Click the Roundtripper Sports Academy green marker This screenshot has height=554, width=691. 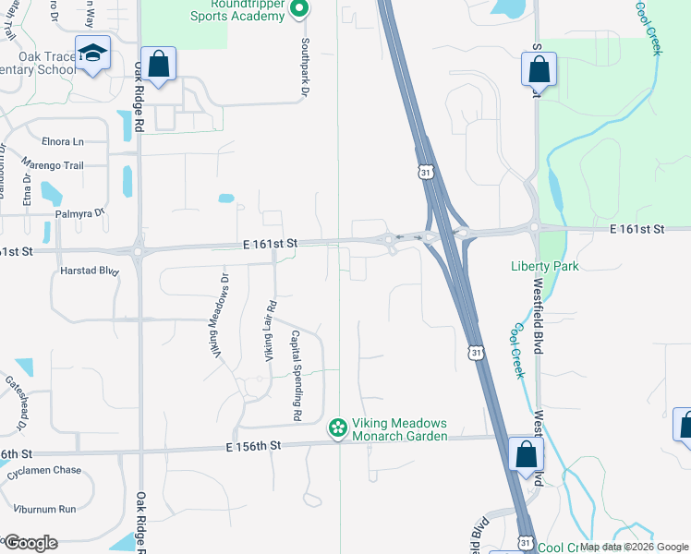298,10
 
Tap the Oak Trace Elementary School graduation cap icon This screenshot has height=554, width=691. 92,54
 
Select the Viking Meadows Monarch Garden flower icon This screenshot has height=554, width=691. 338,428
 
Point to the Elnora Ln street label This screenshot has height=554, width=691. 63,141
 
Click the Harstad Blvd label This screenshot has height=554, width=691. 90,271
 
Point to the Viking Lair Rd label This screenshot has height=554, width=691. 272,331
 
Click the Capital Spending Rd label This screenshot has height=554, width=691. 297,376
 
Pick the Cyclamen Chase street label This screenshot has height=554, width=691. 43,470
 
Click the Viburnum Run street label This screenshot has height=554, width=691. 42,509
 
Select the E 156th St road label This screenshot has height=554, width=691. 252,446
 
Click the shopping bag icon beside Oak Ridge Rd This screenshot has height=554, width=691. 159,66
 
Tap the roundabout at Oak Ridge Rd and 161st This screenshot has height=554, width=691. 139,250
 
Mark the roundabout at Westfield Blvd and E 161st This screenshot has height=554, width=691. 534,226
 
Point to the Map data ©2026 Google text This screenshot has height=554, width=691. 634,547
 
